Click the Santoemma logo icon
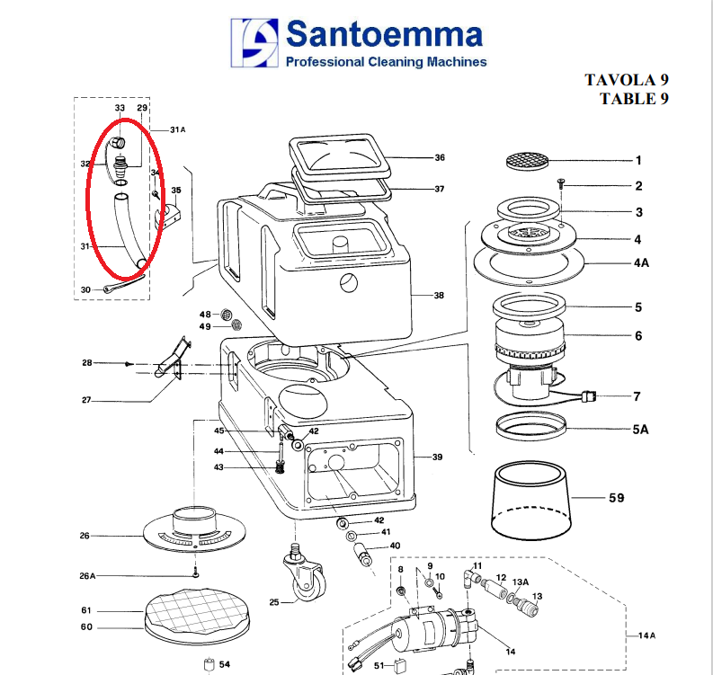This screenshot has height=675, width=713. coord(254,43)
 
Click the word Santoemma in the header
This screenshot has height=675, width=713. coord(384,34)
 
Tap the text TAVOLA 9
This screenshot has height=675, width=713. coord(627,80)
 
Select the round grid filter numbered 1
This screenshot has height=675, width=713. coord(528,162)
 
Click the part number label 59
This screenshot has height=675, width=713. coord(617,498)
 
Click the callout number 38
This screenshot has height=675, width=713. coord(439,296)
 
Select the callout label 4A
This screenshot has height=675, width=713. coord(642,262)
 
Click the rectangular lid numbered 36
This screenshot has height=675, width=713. coord(340,155)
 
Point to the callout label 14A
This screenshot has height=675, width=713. coord(646,635)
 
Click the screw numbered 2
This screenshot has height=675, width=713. coord(561,183)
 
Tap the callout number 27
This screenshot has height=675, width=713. coord(86,400)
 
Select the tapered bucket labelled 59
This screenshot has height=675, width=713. coord(531,500)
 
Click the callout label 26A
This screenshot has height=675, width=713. coord(87,576)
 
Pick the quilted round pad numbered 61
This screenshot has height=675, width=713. coord(197,611)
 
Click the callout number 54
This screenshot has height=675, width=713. coord(225,664)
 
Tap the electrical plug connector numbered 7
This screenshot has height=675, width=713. coord(589,396)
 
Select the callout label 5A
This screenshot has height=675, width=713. coord(640,430)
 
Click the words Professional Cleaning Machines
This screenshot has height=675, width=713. coord(386,62)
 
